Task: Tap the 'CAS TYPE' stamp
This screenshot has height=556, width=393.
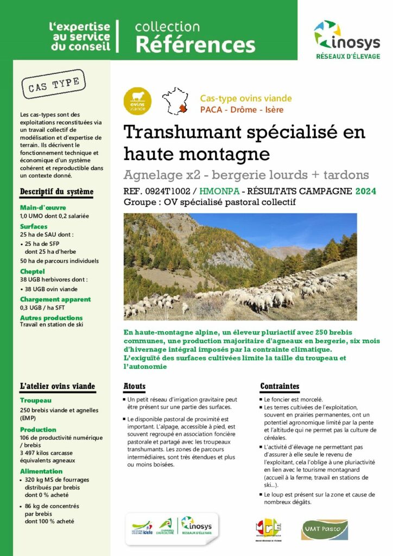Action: [53, 85]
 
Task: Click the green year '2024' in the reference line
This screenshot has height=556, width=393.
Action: [365, 191]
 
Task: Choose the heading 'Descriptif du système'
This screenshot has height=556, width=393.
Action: [56, 192]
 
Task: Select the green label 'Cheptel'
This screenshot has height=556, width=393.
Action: [33, 271]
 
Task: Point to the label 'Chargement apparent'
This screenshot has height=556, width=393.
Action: [55, 299]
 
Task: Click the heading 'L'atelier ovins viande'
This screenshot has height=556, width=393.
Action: [58, 387]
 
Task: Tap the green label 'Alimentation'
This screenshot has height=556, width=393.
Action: [41, 471]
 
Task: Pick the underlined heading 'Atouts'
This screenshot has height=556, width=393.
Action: [135, 387]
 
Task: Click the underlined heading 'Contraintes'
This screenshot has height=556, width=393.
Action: [280, 387]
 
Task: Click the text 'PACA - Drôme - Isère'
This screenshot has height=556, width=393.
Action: [242, 110]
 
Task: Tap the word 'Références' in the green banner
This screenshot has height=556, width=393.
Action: [195, 44]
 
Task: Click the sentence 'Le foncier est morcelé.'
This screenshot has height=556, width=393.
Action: [294, 399]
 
